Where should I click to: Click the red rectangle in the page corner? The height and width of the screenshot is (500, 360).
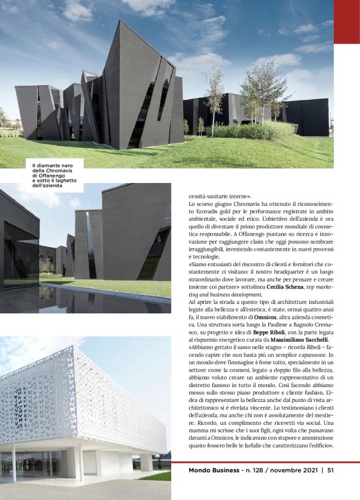click(x=346, y=22)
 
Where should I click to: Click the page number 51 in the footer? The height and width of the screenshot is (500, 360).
click(x=331, y=470)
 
